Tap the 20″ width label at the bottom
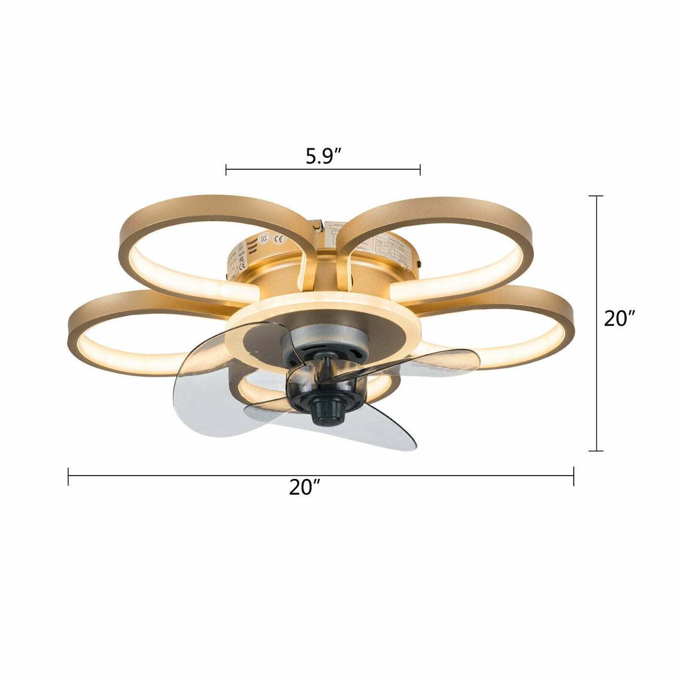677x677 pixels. coord(305,487)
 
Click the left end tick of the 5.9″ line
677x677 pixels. coord(226,169)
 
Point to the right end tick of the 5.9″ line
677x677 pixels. coord(420,169)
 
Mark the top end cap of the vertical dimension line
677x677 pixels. coord(596,196)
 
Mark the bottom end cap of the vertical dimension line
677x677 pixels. coord(596,451)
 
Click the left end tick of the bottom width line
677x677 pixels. coord(68,476)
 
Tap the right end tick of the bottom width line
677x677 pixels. coord(574,476)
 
